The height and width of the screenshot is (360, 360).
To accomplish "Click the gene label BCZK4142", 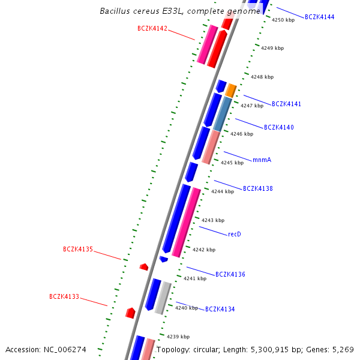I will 152,28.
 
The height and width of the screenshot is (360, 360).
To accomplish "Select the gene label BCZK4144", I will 320,17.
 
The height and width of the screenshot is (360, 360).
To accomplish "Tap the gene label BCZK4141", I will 286,104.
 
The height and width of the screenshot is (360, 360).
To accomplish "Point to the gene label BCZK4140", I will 279,127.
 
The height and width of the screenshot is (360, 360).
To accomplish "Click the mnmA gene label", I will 262,160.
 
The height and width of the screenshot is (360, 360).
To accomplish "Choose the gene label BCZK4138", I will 258,188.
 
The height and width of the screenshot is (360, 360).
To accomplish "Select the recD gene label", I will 235,234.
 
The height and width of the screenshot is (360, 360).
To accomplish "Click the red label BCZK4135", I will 78,249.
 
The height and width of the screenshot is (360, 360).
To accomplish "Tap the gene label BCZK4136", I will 230,274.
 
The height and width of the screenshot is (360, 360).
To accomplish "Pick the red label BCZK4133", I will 64,296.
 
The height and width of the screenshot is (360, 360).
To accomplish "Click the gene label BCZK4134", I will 220,309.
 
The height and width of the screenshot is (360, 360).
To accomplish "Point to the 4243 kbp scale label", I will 213,220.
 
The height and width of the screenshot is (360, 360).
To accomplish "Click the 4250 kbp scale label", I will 283,20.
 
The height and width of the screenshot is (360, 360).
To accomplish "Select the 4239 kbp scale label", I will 178,337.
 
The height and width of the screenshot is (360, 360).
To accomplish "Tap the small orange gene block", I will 230,91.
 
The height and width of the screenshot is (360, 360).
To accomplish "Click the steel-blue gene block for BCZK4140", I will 223,114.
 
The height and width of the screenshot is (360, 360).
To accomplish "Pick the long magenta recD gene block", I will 186,222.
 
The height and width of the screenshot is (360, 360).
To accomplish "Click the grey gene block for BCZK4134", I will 163,298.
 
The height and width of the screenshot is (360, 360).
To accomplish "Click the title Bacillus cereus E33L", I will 142,11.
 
